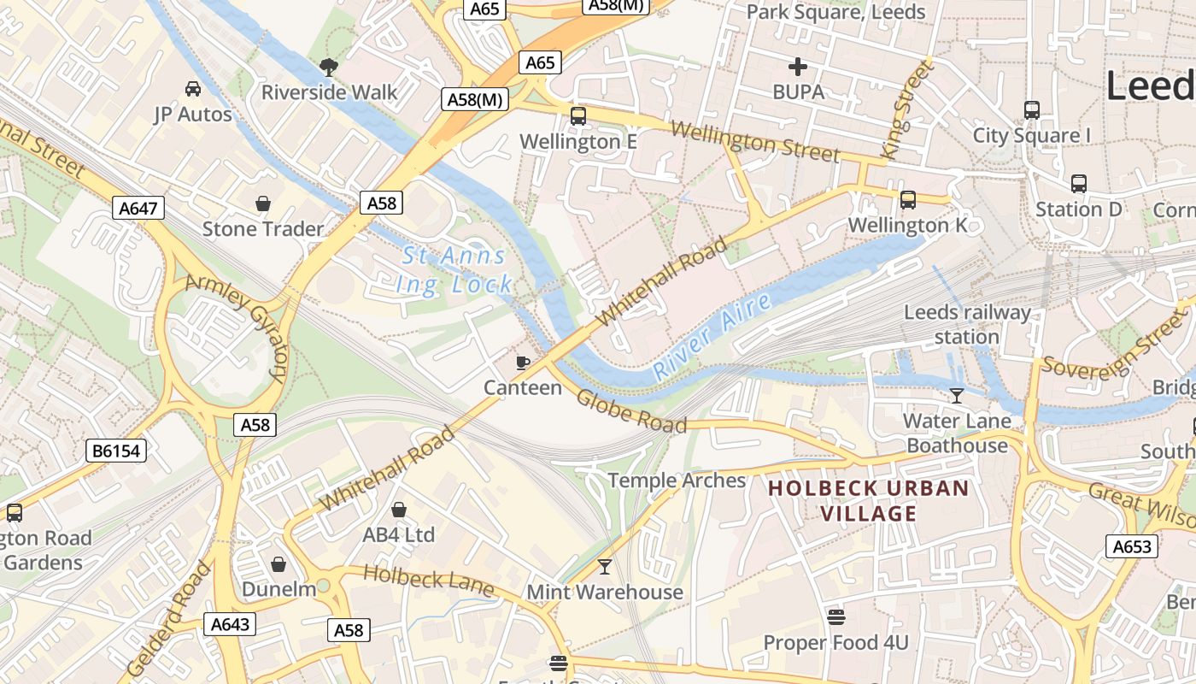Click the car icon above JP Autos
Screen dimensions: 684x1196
tap(193, 88)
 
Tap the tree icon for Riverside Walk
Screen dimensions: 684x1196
tap(328, 67)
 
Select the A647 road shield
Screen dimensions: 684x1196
tap(138, 208)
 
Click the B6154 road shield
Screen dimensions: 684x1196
tap(116, 450)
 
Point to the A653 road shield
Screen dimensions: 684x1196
tap(1132, 546)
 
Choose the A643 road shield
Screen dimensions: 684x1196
tap(230, 624)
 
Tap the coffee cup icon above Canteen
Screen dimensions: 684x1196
tap(523, 363)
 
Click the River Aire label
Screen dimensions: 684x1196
tap(712, 336)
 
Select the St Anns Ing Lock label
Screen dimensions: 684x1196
tap(455, 269)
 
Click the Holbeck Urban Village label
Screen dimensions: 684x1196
tap(869, 501)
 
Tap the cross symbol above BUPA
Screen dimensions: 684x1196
tap(798, 67)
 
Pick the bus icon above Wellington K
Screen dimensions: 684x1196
tap(907, 200)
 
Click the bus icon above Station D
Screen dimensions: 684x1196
tap(1078, 184)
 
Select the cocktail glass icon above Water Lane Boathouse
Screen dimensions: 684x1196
tap(957, 395)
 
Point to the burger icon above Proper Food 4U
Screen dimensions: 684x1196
tap(835, 616)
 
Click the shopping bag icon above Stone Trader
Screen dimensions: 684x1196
tap(263, 203)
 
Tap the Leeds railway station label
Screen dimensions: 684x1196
tap(967, 324)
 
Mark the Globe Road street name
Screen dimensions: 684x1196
tap(630, 411)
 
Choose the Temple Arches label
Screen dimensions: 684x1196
tap(677, 481)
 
